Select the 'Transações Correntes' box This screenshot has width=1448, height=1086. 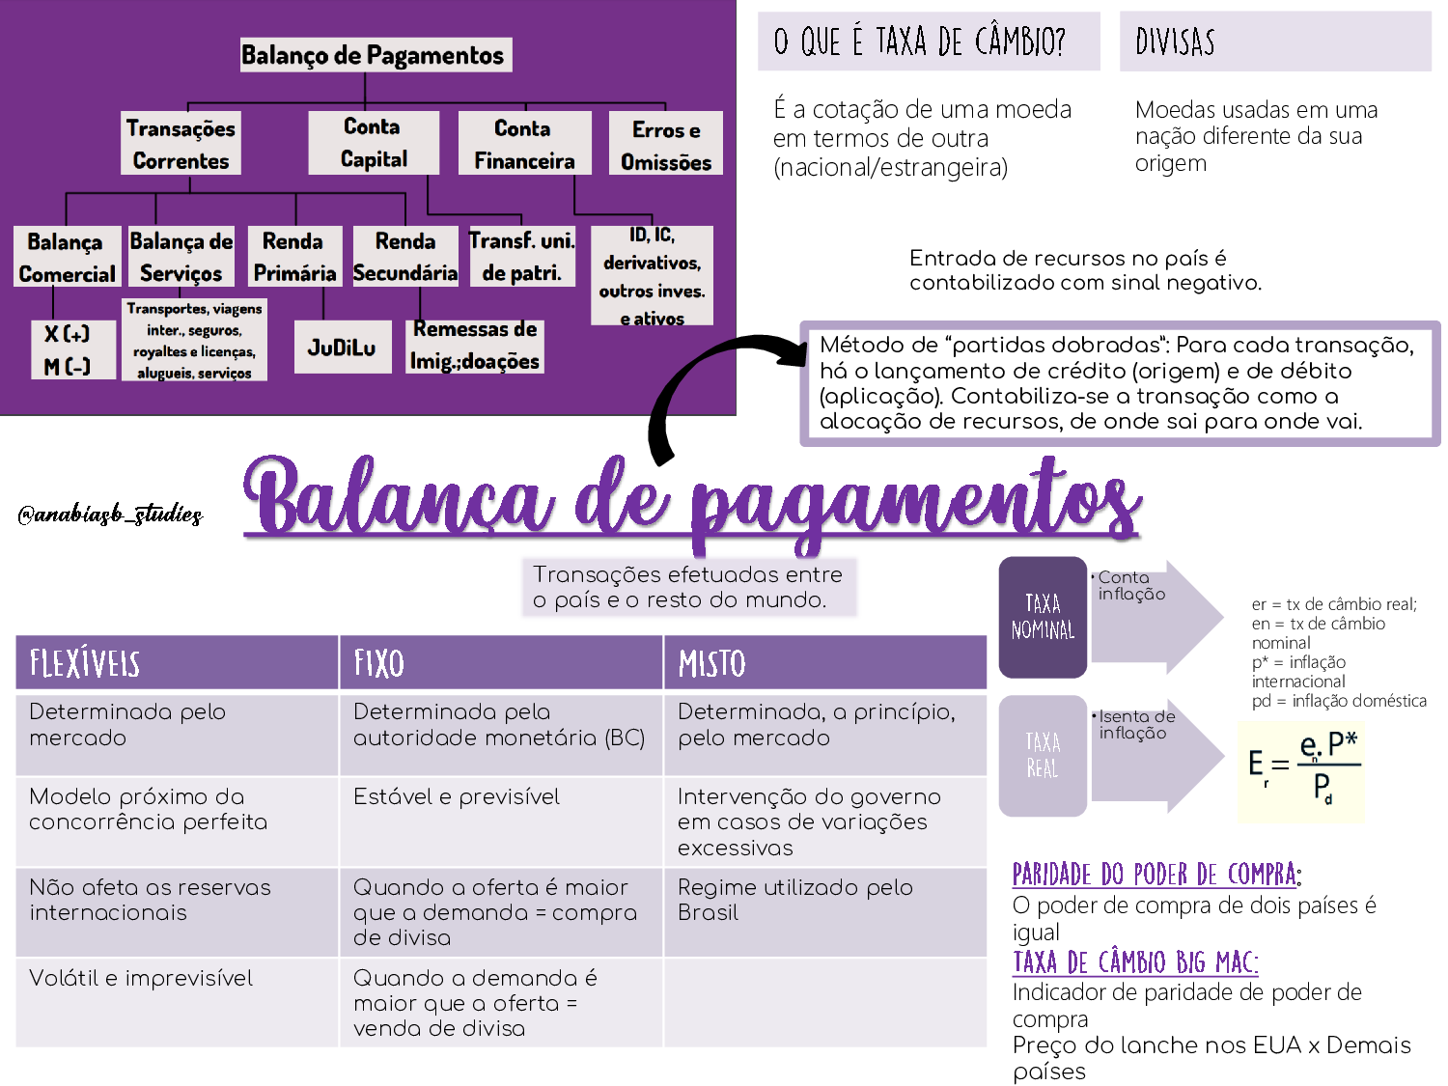181,144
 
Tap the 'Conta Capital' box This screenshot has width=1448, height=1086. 374,143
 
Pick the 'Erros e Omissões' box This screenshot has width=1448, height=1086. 666,145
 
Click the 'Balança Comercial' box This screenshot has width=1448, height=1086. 67,258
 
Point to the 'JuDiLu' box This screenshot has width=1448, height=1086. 342,348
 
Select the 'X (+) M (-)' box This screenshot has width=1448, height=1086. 67,349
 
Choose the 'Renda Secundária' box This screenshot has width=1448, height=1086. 405,257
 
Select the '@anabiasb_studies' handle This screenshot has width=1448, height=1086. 110,514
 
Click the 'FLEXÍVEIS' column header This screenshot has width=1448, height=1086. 177,663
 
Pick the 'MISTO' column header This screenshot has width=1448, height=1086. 824,663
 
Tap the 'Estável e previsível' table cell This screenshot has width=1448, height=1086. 457,797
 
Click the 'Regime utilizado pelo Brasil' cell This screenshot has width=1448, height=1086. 795,900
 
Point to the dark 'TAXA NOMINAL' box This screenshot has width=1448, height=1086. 1043,617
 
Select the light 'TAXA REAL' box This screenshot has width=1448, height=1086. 1043,756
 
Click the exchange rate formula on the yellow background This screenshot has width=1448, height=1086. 1301,771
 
